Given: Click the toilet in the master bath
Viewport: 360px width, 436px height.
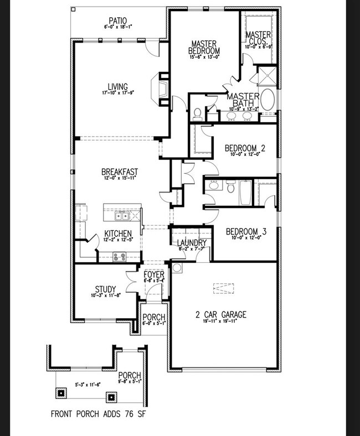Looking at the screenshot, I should (197, 114).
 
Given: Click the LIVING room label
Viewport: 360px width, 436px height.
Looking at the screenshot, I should (118, 86).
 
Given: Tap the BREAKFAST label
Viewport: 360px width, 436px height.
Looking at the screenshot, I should (119, 172).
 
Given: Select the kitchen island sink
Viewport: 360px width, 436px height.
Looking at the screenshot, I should (121, 216).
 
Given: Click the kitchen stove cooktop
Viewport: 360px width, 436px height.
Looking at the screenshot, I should (119, 256).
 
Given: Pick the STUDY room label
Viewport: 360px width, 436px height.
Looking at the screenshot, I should (105, 289).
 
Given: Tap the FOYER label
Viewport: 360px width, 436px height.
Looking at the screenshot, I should (153, 274).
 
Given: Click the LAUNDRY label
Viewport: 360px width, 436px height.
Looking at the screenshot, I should (192, 243).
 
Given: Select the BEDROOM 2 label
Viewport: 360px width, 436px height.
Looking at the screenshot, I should (245, 148).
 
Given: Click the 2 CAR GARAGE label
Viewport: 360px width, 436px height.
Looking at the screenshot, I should (220, 315).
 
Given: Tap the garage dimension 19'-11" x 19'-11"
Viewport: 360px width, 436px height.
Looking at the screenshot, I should (220, 323).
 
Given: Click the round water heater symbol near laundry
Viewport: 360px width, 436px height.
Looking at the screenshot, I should (177, 268).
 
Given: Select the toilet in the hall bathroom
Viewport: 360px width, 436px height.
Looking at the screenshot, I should (230, 189).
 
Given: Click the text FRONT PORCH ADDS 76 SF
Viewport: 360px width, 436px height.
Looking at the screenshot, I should (98, 413).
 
